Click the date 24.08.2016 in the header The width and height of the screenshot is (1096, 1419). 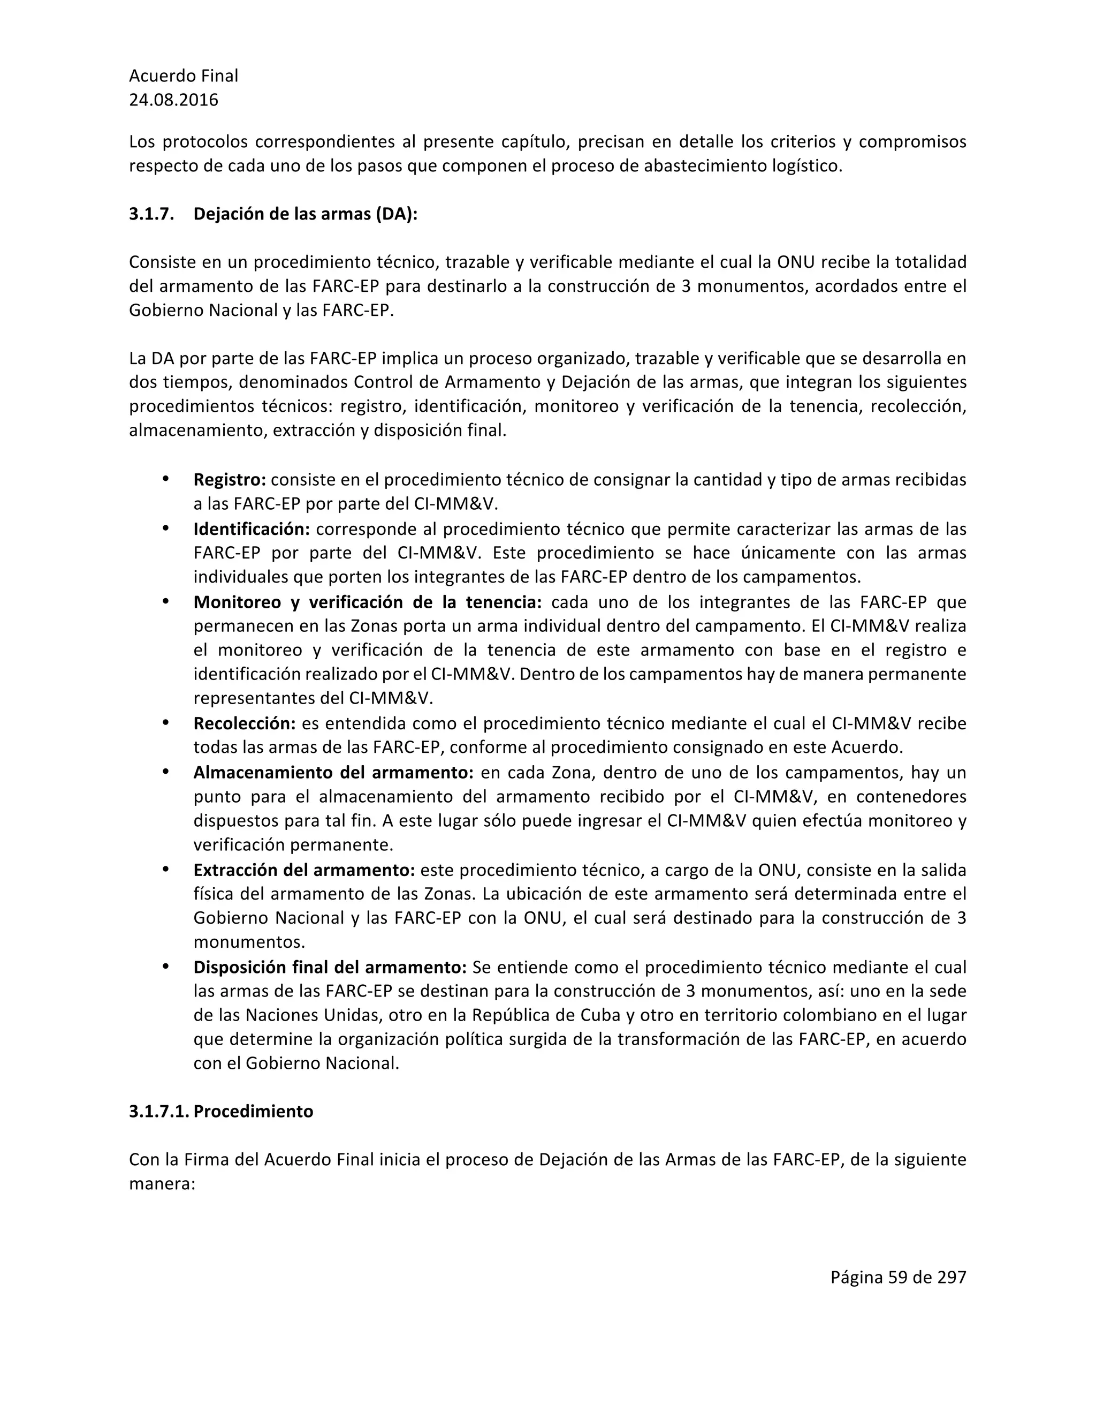coord(173,100)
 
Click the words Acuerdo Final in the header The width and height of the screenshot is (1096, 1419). coord(184,76)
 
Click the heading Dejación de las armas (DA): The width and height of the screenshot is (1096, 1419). coord(305,214)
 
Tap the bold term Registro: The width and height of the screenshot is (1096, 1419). coord(230,480)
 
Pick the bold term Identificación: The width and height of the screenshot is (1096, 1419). coord(252,529)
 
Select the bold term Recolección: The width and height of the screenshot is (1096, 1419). coord(245,723)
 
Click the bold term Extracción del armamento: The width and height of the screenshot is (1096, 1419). coord(304,870)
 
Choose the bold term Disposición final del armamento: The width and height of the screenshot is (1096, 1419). coord(330,968)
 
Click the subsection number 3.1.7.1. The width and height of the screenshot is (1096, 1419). coord(158,1112)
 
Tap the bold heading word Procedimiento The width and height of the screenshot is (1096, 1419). coord(253,1112)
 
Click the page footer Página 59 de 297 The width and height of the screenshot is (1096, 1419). coord(898,1278)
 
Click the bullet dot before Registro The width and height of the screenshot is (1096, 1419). coord(165,479)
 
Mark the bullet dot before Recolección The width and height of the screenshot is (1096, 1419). coord(165,722)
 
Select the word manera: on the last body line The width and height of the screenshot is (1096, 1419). coord(162,1184)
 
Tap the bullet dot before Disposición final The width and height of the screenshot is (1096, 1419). coord(165,967)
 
